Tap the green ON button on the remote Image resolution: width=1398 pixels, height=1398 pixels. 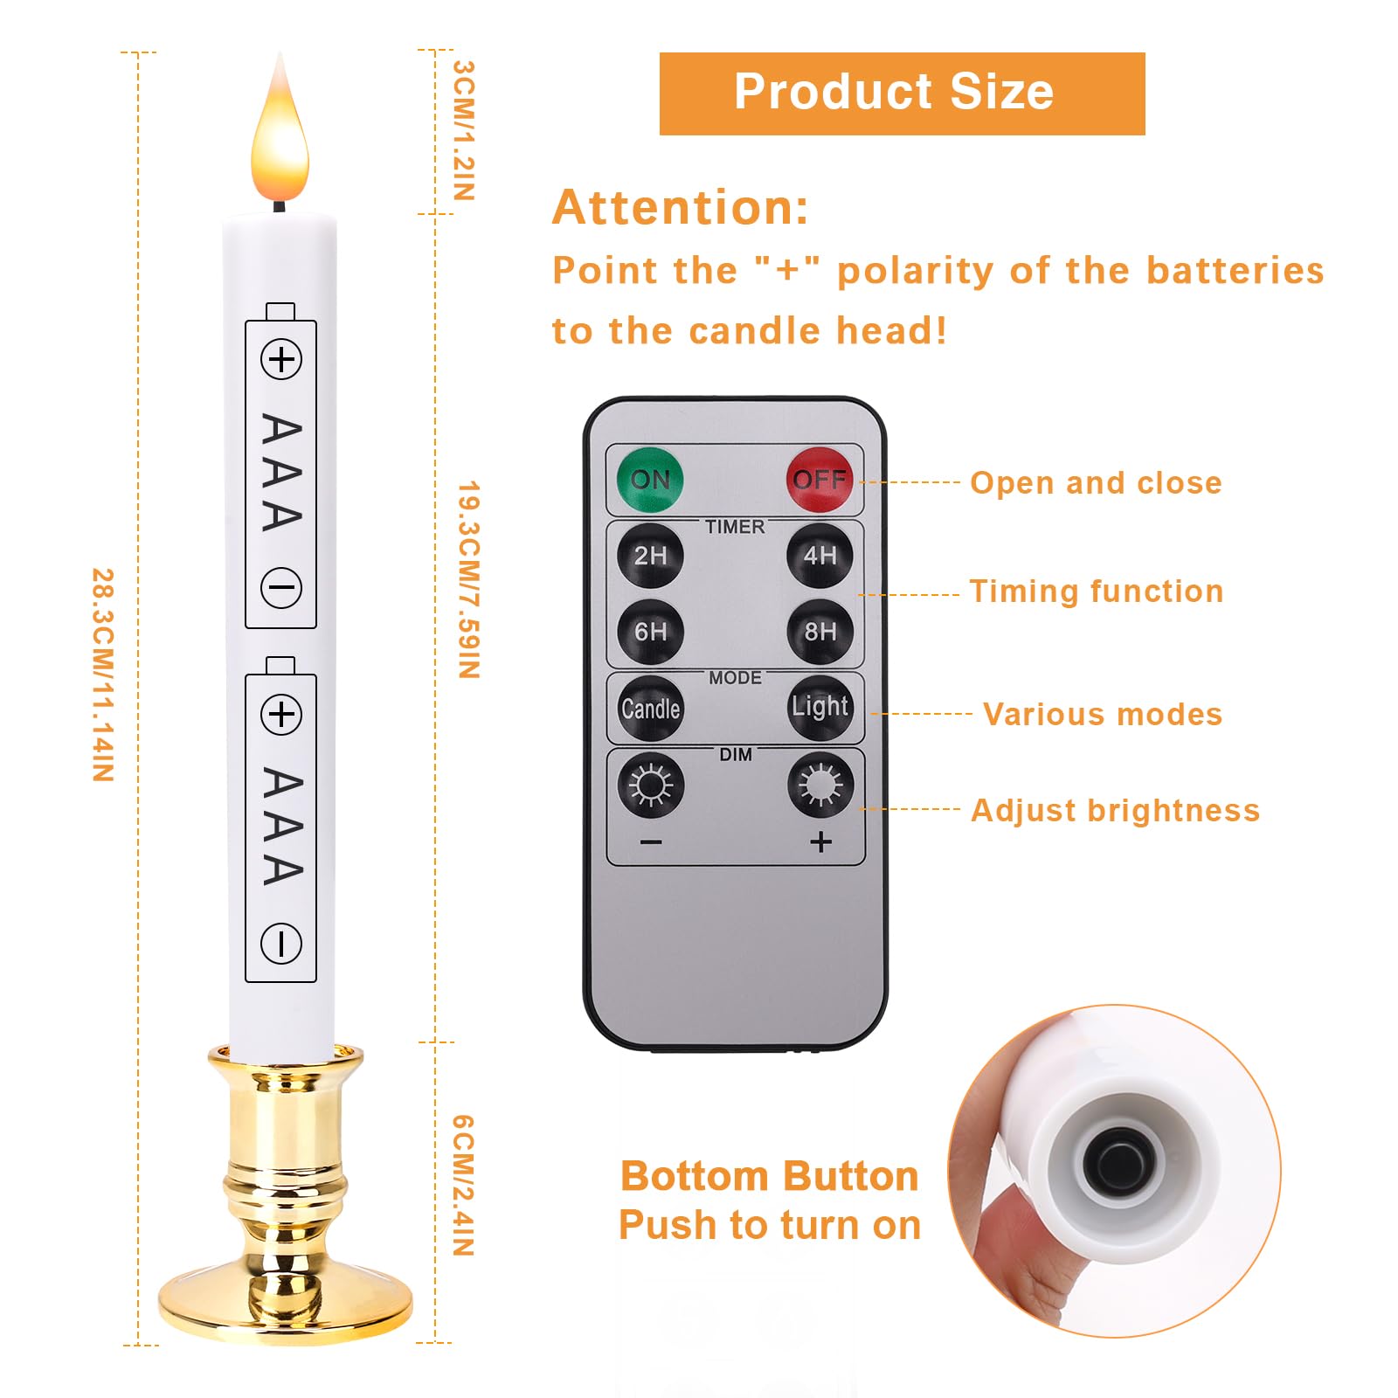click(650, 479)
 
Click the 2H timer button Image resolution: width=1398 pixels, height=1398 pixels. click(650, 556)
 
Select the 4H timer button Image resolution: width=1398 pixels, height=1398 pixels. click(820, 556)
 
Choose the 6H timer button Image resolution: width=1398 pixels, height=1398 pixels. click(650, 632)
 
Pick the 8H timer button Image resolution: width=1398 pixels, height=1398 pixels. click(820, 632)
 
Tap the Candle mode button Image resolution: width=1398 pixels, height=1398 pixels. click(650, 708)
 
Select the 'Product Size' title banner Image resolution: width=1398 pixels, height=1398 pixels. click(902, 93)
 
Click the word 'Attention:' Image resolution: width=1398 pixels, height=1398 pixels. click(681, 208)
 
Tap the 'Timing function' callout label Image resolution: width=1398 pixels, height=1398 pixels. click(1097, 592)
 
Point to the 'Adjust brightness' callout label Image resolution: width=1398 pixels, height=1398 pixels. click(1116, 811)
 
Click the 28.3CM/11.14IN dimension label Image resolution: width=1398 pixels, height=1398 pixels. click(103, 675)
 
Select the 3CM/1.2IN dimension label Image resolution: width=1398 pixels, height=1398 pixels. click(464, 130)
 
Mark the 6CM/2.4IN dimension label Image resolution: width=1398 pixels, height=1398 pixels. click(463, 1185)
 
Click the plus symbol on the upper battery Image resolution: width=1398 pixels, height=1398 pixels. click(281, 360)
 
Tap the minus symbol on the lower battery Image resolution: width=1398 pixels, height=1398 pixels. click(281, 944)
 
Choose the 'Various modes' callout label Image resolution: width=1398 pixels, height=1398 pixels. click(1103, 715)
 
